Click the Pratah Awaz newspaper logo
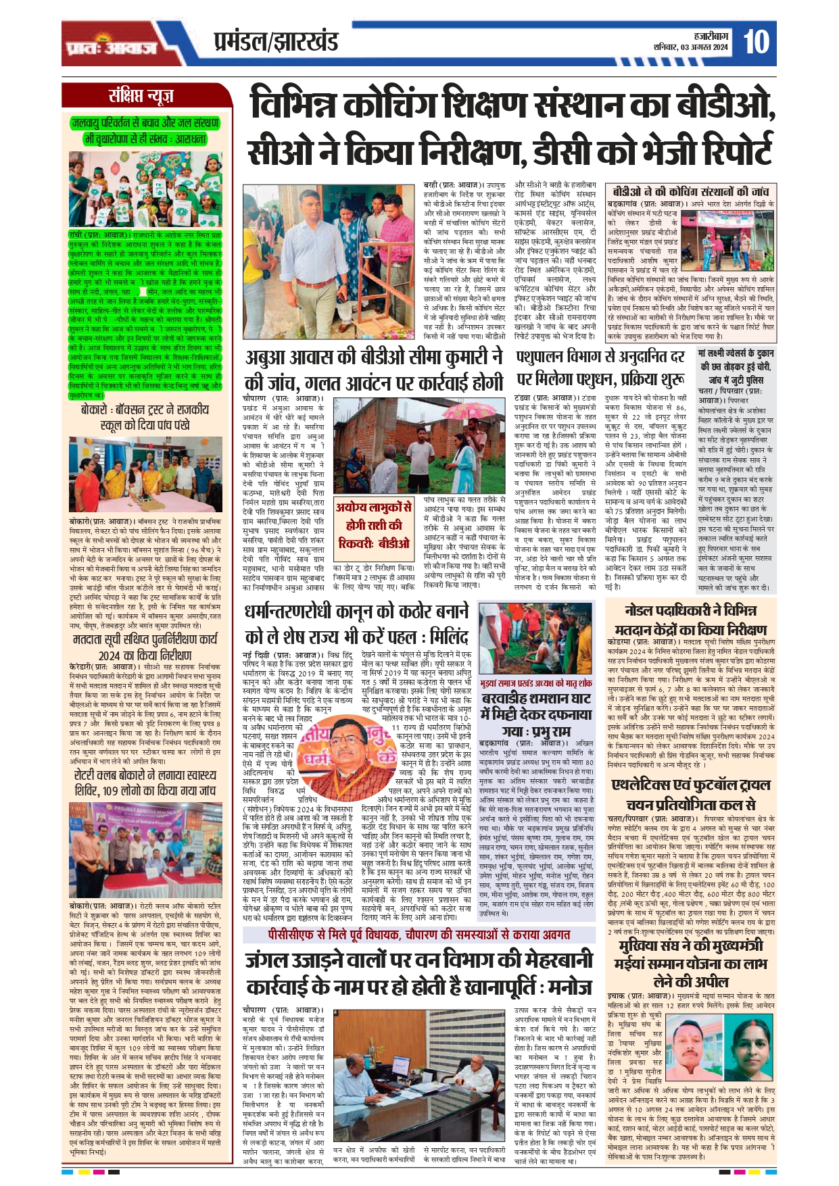(x=112, y=47)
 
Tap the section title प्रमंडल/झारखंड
(x=276, y=43)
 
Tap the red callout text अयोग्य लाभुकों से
(x=374, y=508)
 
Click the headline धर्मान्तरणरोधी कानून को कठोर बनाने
(x=356, y=612)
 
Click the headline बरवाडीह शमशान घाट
(x=536, y=699)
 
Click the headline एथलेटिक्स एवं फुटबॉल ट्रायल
(x=690, y=785)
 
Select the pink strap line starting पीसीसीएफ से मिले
(x=419, y=935)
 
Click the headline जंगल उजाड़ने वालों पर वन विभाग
(x=418, y=960)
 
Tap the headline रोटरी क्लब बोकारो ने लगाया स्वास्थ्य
(x=145, y=774)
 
